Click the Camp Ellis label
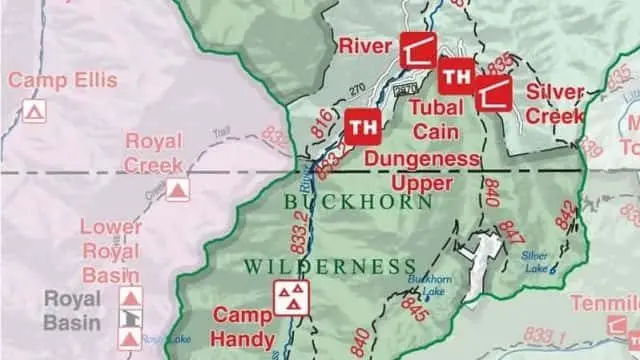(x=62, y=80)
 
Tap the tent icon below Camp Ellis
(x=35, y=111)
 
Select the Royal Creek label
(x=154, y=152)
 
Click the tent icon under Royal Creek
(x=177, y=189)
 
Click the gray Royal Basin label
(x=71, y=310)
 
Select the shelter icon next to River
(x=418, y=50)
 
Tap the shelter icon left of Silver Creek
(x=492, y=93)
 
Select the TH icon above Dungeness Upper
(x=363, y=126)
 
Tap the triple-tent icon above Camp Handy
(x=291, y=296)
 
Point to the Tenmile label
(x=604, y=303)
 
